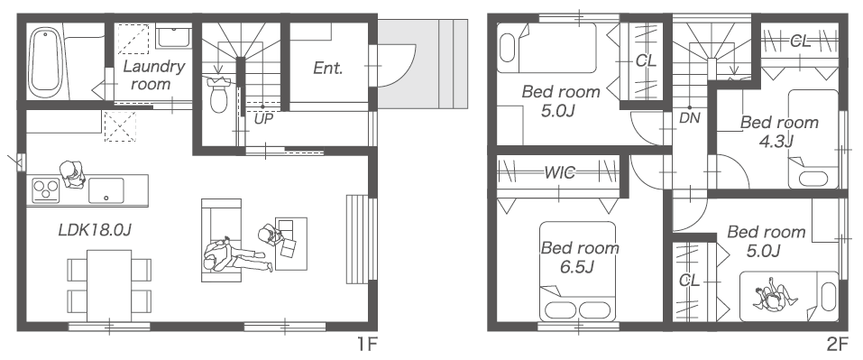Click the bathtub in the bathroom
[46, 60]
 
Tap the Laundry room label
[153, 76]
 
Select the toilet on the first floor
[219, 94]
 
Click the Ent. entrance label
[328, 69]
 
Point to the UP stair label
[263, 118]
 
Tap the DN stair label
[690, 117]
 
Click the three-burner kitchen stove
[46, 190]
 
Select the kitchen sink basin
[106, 190]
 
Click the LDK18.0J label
[95, 230]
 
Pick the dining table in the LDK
[109, 285]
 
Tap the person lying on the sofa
[236, 255]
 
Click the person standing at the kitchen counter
[72, 174]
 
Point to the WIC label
[560, 173]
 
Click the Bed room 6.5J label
[580, 257]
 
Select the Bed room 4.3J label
[779, 132]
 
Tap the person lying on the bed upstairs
[776, 297]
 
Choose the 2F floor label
[837, 345]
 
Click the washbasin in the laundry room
[173, 36]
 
